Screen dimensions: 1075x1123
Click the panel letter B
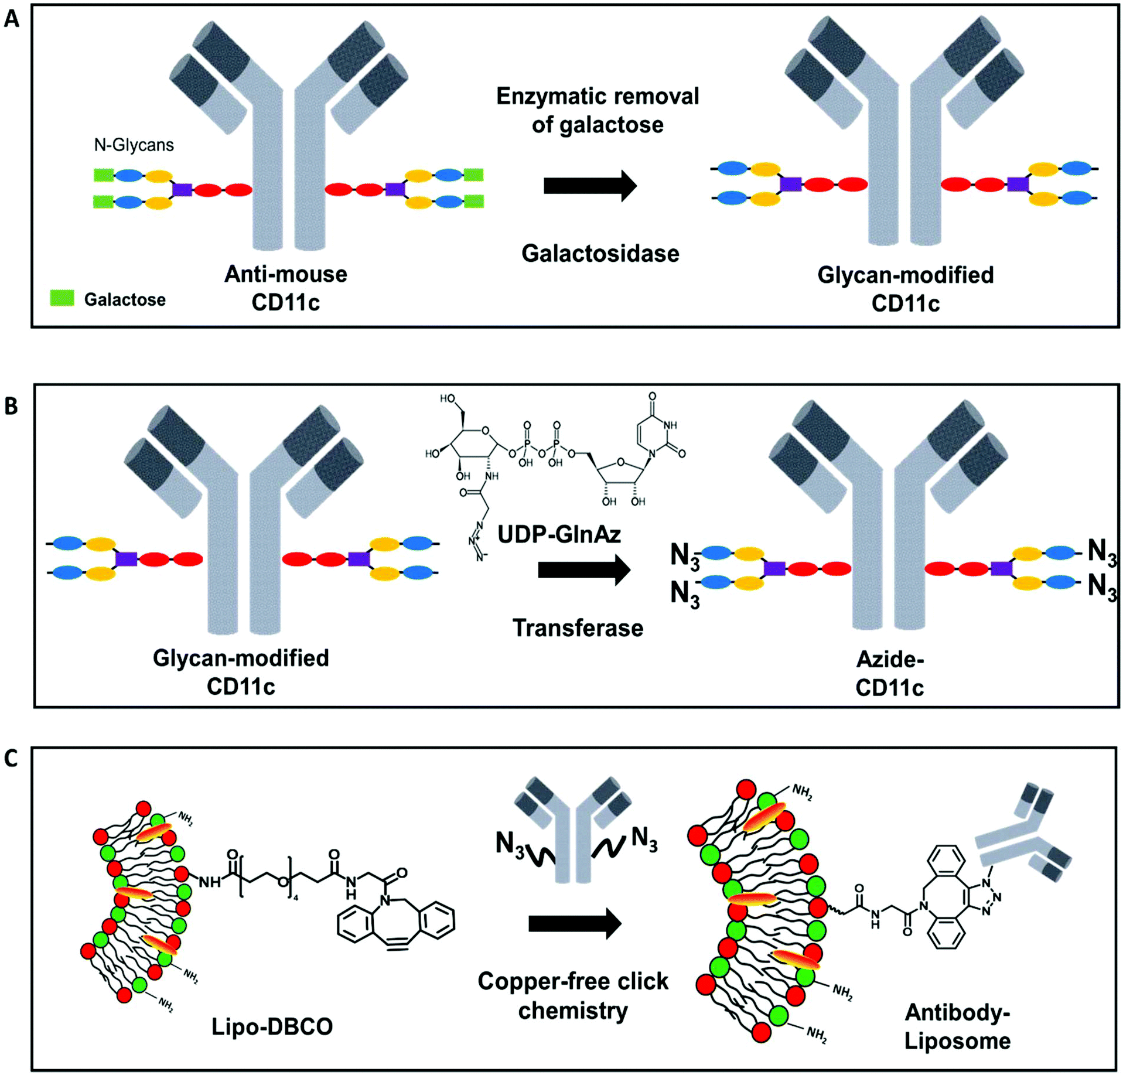click(11, 406)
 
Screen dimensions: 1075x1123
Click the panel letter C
click(11, 758)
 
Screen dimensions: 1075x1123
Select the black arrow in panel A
click(589, 186)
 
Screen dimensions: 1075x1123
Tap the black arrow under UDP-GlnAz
click(583, 569)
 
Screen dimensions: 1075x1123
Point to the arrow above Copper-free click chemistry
click(574, 924)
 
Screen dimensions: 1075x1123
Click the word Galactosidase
click(600, 254)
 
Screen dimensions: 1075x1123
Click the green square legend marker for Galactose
click(62, 298)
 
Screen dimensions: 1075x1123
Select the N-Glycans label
click(134, 145)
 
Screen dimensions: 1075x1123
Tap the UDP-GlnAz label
click(559, 534)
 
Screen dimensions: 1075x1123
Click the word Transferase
click(578, 628)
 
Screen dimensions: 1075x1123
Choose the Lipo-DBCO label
click(272, 1026)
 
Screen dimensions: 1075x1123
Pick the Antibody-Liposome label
click(957, 1026)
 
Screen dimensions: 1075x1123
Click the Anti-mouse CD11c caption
click(286, 288)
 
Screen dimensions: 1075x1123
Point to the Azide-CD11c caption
click(889, 673)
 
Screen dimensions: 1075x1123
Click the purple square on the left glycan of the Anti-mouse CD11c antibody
click(182, 189)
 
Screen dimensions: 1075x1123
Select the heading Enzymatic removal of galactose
click(598, 110)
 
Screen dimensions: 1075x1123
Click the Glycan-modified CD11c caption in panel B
click(241, 672)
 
